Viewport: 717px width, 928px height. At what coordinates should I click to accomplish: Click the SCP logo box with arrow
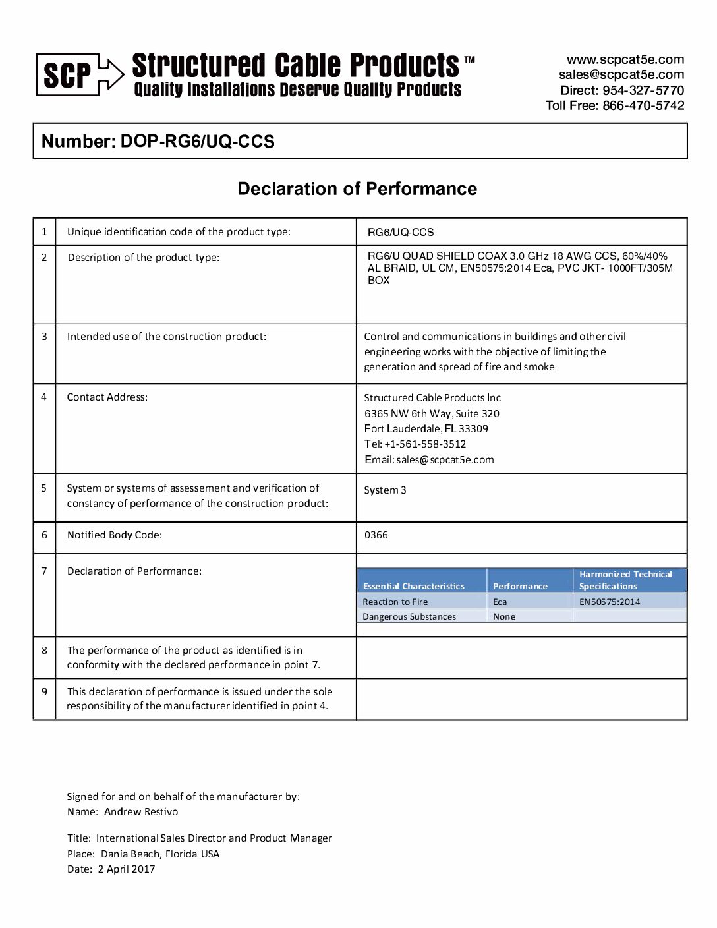[x=79, y=74]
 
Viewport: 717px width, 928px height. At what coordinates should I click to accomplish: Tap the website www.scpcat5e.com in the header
[x=625, y=59]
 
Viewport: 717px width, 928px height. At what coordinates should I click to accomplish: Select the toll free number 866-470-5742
[x=643, y=105]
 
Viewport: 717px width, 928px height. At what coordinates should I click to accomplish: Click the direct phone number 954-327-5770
[x=643, y=90]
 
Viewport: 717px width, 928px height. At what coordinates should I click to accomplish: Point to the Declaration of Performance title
[x=357, y=189]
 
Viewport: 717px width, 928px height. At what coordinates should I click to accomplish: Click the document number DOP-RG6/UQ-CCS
[x=197, y=142]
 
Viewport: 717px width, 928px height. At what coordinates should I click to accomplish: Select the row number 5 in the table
[x=44, y=488]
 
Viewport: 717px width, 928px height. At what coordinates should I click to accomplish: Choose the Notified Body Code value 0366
[x=376, y=535]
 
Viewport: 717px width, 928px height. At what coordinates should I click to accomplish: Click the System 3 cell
[x=385, y=490]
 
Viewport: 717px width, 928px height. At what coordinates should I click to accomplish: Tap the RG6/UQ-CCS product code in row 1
[x=401, y=232]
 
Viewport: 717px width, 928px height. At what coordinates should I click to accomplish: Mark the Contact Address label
[x=107, y=397]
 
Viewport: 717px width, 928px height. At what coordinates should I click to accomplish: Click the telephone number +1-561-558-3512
[x=425, y=444]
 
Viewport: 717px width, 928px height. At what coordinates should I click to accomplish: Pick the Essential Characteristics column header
[x=414, y=586]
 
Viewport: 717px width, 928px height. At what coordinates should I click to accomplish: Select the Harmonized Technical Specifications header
[x=625, y=580]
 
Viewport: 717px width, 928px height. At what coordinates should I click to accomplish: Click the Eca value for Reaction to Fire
[x=500, y=602]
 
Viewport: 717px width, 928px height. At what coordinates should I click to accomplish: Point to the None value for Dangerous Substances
[x=504, y=617]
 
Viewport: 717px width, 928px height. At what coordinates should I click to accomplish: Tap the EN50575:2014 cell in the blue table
[x=610, y=602]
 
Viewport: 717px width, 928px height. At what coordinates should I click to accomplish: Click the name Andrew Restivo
[x=141, y=812]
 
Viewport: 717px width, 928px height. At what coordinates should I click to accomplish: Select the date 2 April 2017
[x=127, y=869]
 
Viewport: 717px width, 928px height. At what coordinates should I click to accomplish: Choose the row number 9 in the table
[x=44, y=692]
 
